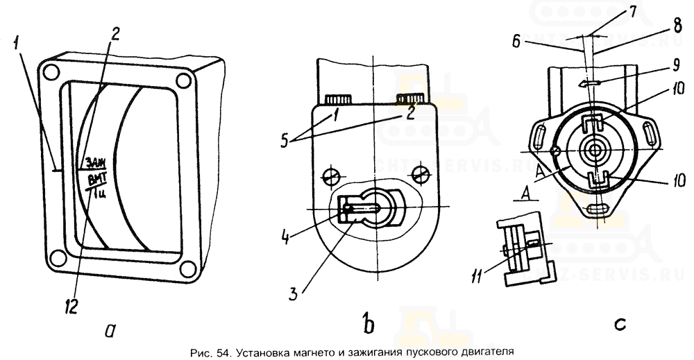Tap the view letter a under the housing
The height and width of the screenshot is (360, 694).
109,331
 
